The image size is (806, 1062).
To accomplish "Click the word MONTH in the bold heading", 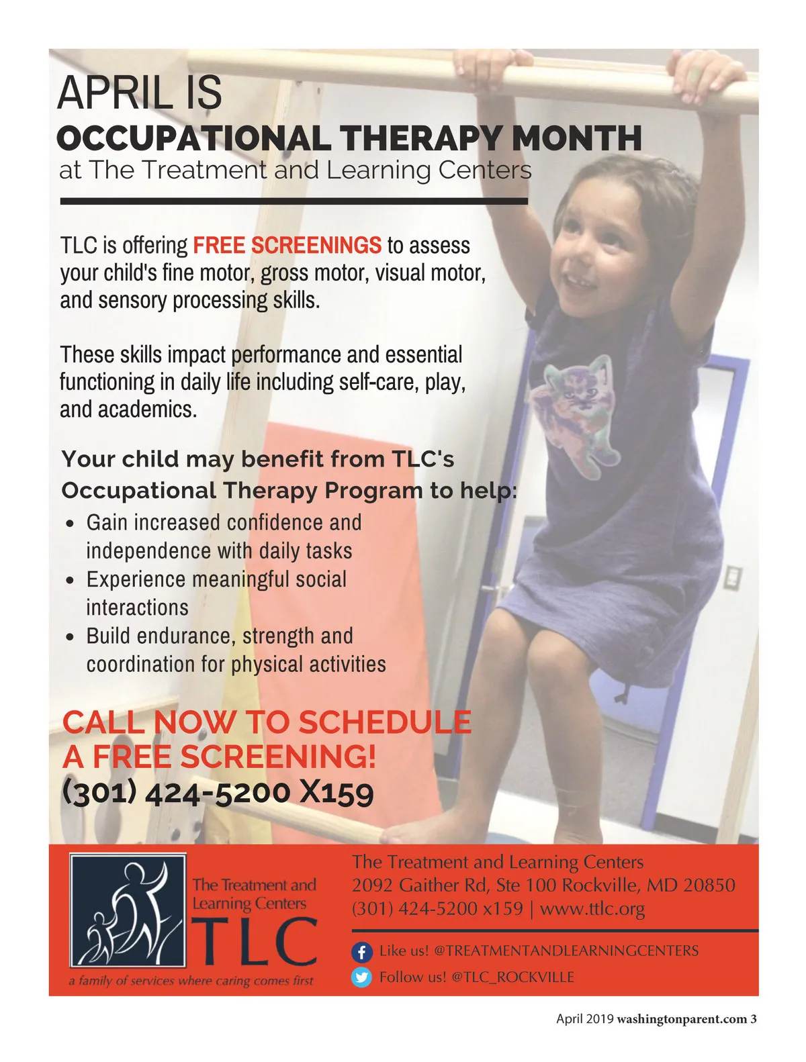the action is [576, 138].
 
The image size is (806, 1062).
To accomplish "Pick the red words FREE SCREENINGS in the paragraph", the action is [287, 245].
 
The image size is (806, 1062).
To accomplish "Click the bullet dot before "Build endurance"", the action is [71, 638].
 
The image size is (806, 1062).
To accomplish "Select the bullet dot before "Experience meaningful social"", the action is [71, 581].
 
